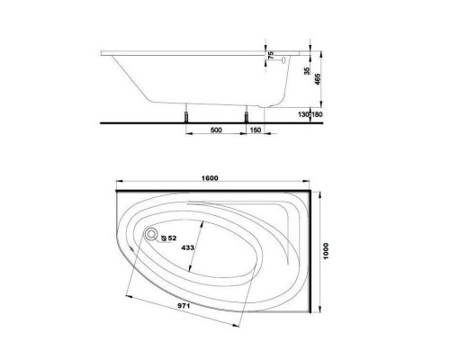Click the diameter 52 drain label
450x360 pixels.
coord(169,238)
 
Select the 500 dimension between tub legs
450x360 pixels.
coord(215,131)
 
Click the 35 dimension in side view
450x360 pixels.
coord(307,70)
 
